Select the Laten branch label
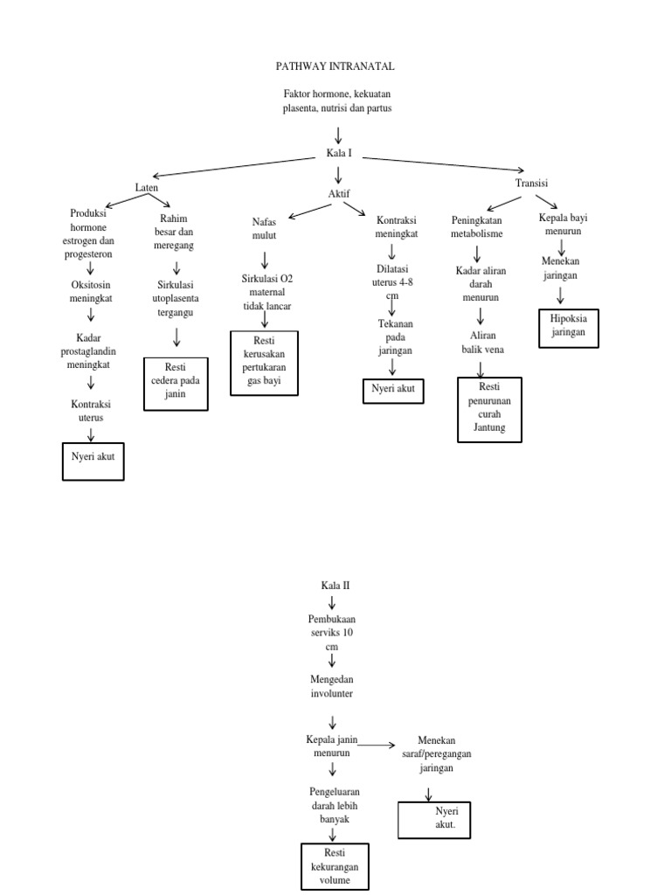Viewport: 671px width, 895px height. click(147, 188)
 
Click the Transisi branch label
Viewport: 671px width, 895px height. click(531, 183)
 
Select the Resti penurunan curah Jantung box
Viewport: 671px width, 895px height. click(489, 409)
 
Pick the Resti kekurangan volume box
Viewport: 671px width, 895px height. click(335, 866)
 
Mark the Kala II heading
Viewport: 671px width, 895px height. click(335, 586)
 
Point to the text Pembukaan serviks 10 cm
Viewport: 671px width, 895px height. click(331, 632)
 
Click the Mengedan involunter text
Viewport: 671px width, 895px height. click(333, 686)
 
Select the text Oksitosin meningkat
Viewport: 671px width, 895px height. click(91, 291)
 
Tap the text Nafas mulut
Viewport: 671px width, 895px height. click(264, 230)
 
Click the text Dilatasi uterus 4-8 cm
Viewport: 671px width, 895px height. click(392, 282)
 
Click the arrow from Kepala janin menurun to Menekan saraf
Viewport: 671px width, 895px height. click(377, 745)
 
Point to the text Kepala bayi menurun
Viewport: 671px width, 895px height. click(561, 225)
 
